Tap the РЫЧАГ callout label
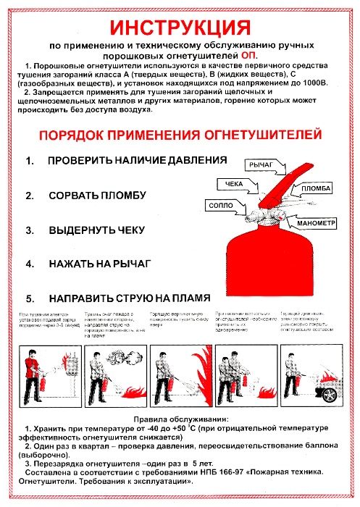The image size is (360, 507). click(x=262, y=166)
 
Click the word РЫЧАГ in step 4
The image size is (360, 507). click(x=131, y=264)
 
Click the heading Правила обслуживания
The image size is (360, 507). click(x=180, y=419)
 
